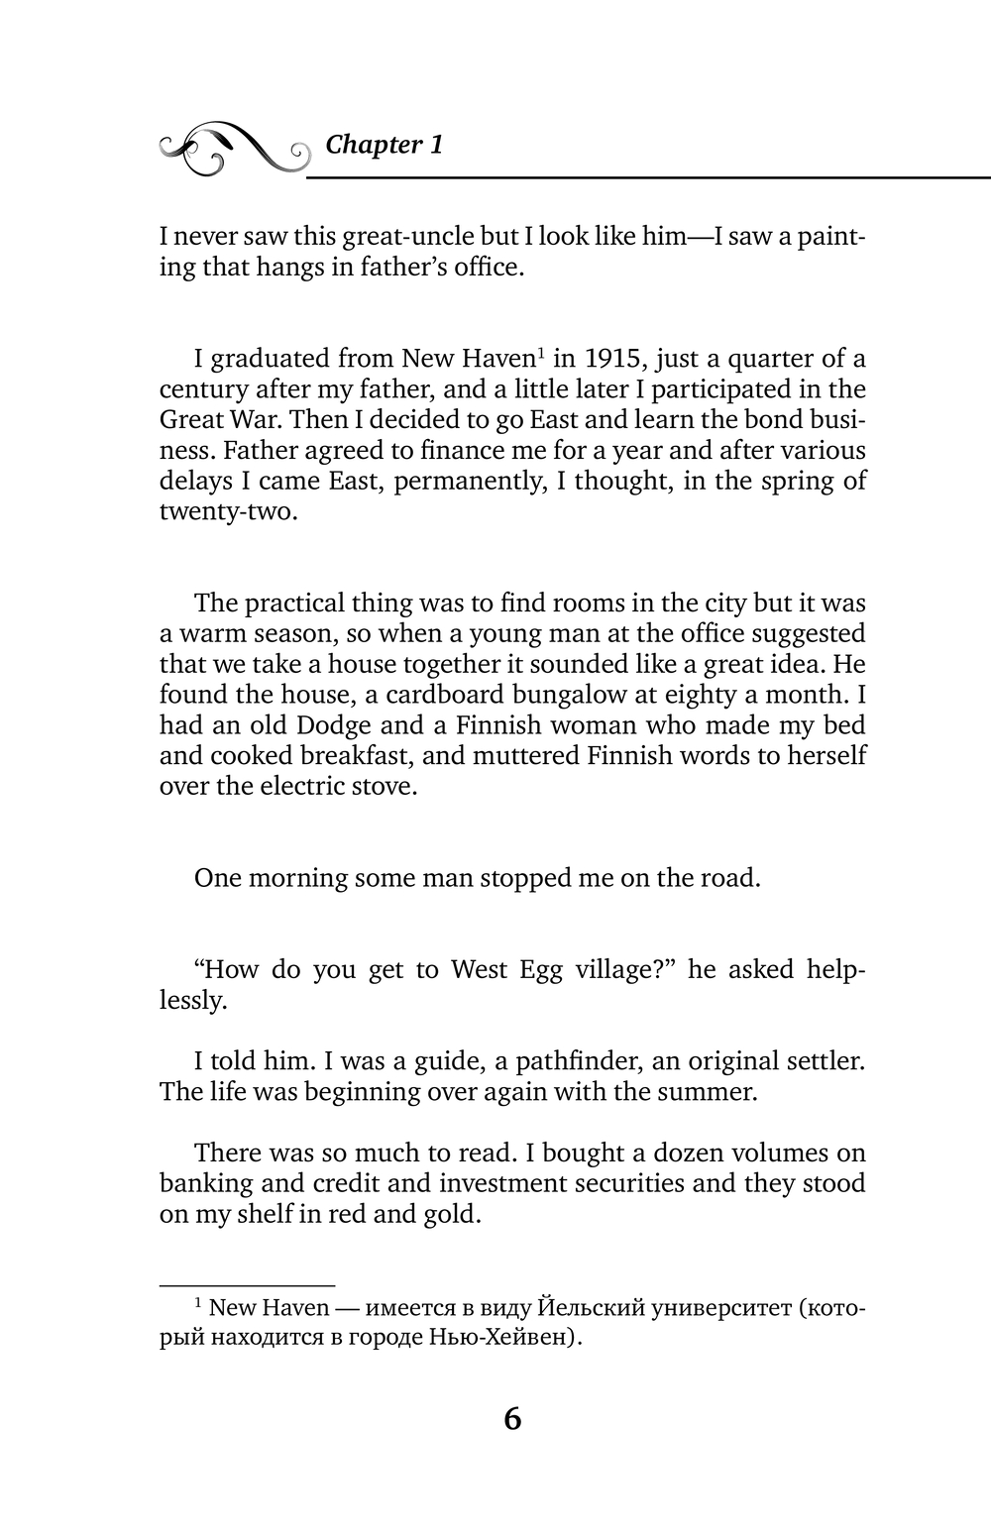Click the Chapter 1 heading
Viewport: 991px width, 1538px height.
384,145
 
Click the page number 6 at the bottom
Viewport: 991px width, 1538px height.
512,1419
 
